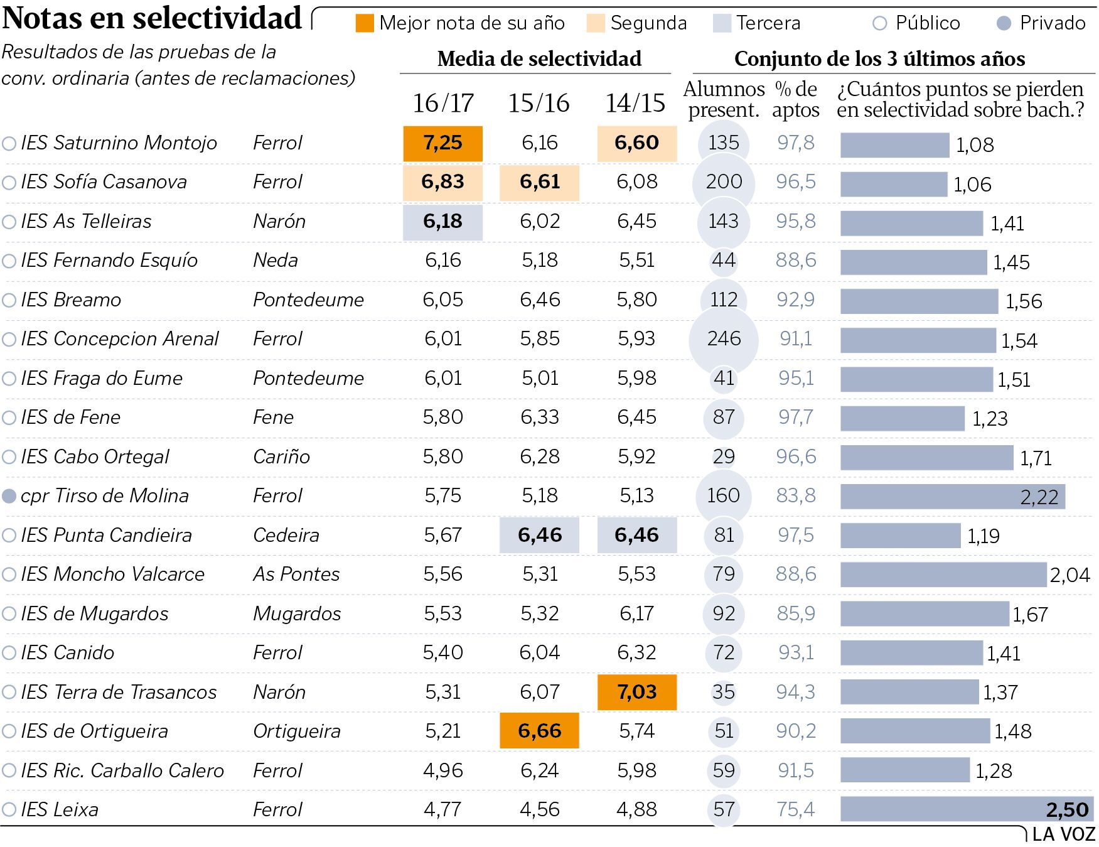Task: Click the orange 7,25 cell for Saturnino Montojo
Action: [442, 143]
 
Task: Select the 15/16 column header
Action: [539, 103]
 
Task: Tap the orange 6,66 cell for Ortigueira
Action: [539, 731]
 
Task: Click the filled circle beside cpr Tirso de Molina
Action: [9, 496]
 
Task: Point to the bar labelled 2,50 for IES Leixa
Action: [967, 809]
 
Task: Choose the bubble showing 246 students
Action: [724, 339]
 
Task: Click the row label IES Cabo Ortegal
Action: [95, 456]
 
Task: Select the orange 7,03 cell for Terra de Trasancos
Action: [636, 692]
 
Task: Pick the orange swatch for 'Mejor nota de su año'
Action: [365, 23]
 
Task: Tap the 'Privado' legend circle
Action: [1004, 23]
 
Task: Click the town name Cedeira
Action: [286, 535]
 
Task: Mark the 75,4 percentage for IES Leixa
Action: [795, 809]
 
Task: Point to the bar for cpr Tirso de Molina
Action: [952, 497]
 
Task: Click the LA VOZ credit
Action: [1063, 834]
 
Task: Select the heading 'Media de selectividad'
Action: [539, 58]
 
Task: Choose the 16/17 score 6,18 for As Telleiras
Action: [442, 222]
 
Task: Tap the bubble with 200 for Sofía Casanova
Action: [724, 182]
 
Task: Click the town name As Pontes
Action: [296, 574]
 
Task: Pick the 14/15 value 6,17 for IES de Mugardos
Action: [636, 613]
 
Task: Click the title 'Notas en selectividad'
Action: [152, 18]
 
